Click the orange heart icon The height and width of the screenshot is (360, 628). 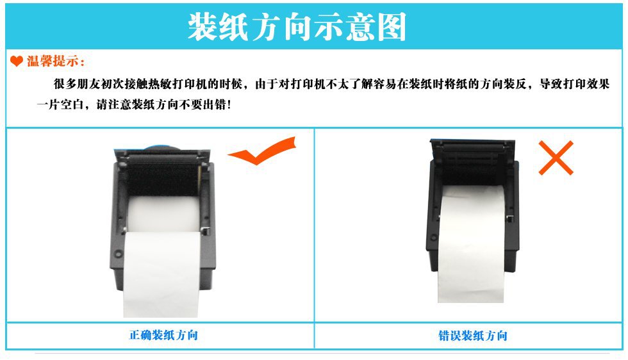17,61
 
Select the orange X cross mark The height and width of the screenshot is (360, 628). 556,158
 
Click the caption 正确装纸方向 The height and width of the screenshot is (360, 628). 163,335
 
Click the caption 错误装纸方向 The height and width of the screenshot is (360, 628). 473,335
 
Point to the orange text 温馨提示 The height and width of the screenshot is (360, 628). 53,61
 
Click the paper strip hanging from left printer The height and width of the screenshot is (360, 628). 161,274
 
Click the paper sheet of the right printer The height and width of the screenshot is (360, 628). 470,243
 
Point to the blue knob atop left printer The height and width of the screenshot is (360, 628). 160,148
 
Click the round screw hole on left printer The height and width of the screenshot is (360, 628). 118,254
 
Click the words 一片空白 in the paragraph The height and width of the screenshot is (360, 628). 60,104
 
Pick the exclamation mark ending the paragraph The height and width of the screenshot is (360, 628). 229,105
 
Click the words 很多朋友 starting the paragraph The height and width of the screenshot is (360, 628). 77,84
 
